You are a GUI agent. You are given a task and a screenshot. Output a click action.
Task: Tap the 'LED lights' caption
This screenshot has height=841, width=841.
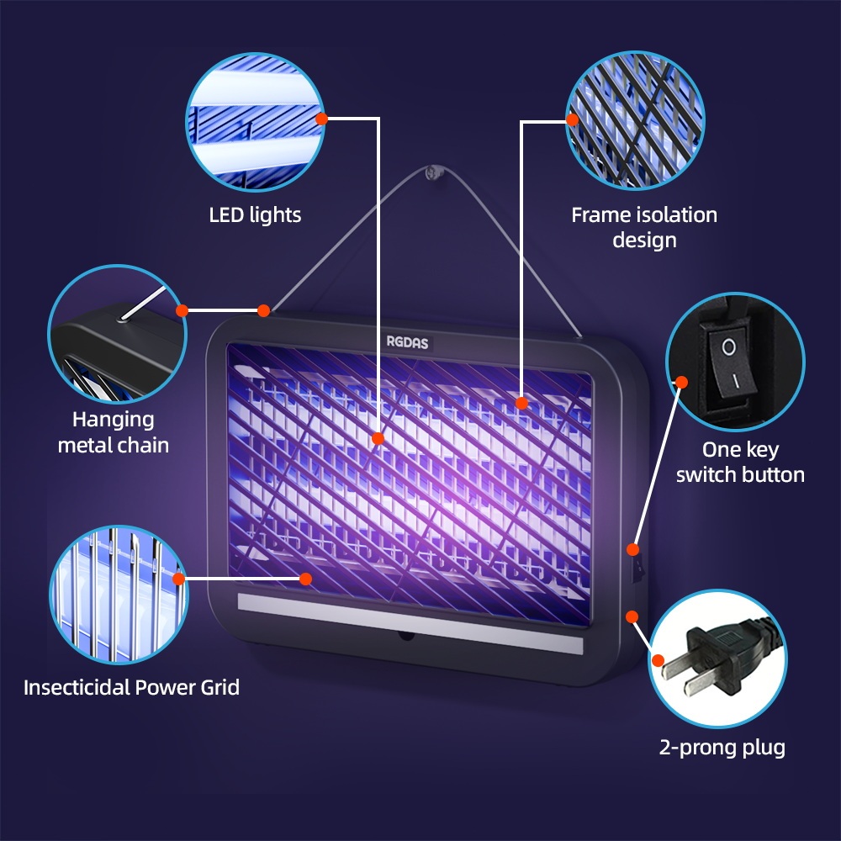point(255,215)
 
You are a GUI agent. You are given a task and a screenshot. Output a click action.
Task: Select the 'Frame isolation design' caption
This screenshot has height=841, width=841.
point(644,227)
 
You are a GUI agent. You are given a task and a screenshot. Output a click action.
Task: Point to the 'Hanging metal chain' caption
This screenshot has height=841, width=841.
point(113,431)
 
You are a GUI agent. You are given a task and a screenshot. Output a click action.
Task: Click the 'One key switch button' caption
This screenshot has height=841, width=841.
point(740,462)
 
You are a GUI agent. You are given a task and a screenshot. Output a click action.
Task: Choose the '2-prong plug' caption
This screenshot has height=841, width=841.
point(722,747)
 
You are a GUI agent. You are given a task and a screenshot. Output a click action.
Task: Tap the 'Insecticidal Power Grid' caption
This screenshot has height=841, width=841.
point(131,687)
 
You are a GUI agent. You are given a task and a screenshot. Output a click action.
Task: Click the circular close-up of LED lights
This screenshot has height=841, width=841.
point(254,119)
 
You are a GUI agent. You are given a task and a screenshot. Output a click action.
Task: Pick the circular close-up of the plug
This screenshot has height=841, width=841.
point(718,659)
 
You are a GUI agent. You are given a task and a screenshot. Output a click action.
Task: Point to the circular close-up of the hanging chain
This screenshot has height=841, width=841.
point(117,333)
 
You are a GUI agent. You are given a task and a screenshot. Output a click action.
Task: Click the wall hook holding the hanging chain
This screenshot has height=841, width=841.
point(433,173)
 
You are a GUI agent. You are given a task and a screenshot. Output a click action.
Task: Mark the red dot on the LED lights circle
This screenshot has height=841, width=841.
point(321,119)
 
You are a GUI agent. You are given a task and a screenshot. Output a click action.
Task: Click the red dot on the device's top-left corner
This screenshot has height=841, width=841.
point(263,310)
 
